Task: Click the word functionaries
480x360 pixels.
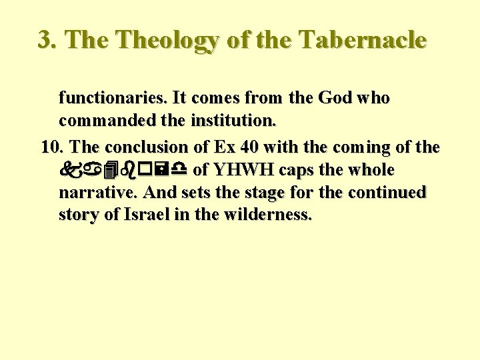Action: click(x=113, y=98)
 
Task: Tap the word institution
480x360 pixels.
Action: click(x=233, y=122)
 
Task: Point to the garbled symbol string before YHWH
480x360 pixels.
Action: click(x=123, y=169)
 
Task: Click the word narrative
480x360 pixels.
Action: click(x=99, y=193)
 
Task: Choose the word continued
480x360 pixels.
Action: click(x=387, y=193)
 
